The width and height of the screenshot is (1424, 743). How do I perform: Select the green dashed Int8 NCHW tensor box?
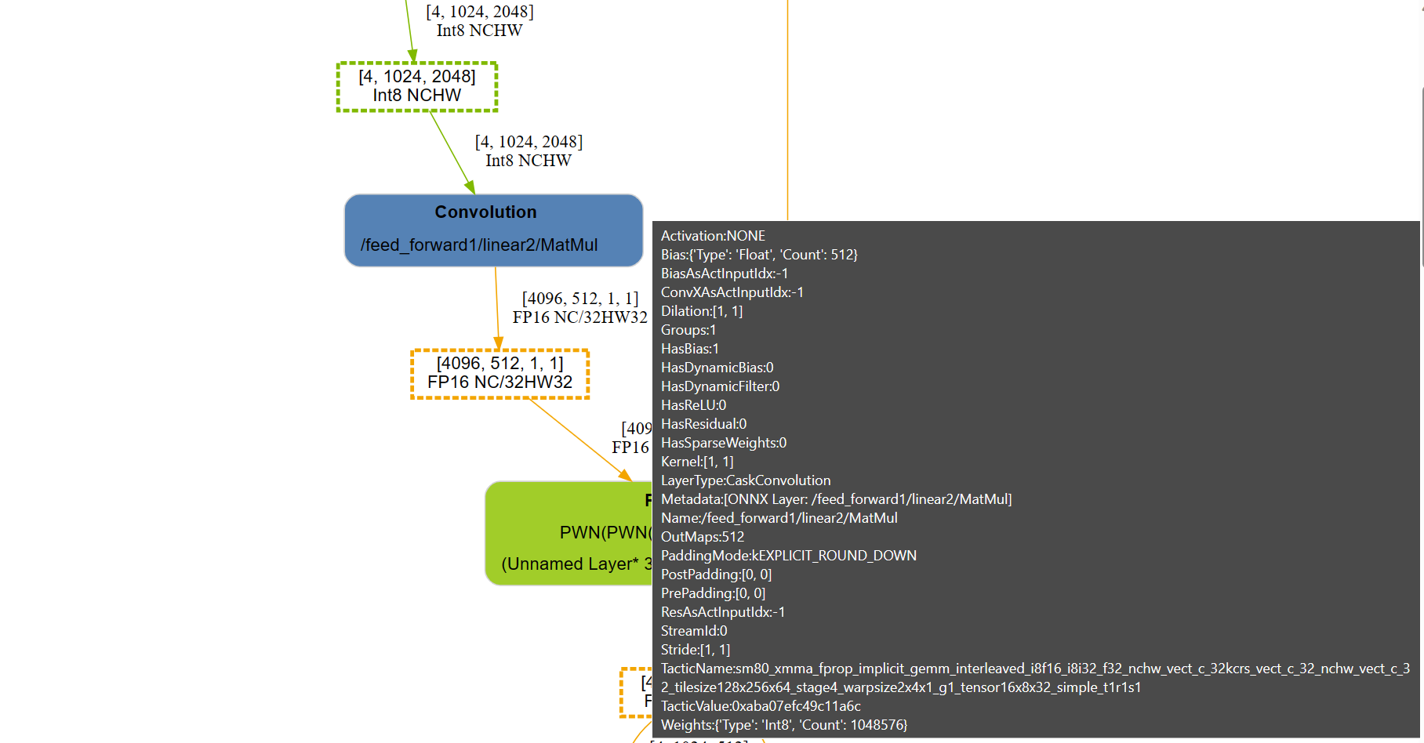coord(416,86)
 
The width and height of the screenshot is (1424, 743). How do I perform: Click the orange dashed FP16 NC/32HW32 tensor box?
coord(499,373)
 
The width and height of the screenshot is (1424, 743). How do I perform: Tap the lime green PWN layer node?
coord(569,533)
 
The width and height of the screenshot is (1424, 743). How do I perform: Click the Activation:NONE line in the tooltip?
coord(713,236)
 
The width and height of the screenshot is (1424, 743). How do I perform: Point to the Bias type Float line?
coord(758,255)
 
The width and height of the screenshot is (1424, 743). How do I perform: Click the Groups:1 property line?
coord(688,330)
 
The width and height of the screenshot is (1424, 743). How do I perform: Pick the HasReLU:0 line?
coord(693,405)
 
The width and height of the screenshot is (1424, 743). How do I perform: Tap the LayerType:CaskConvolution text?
coord(745,480)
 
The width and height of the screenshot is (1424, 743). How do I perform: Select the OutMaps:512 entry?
coord(702,537)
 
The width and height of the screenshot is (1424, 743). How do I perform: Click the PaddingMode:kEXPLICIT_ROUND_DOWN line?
coord(788,556)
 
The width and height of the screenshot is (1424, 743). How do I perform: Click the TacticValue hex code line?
coord(760,706)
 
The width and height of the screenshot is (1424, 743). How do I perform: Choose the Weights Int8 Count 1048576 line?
coord(783,725)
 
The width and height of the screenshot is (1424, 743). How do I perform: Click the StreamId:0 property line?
coord(693,631)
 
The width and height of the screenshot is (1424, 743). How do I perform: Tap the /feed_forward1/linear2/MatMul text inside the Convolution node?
coord(479,245)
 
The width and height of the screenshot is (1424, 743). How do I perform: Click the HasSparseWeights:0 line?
coord(723,443)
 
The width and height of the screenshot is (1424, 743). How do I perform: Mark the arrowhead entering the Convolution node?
coord(470,188)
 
